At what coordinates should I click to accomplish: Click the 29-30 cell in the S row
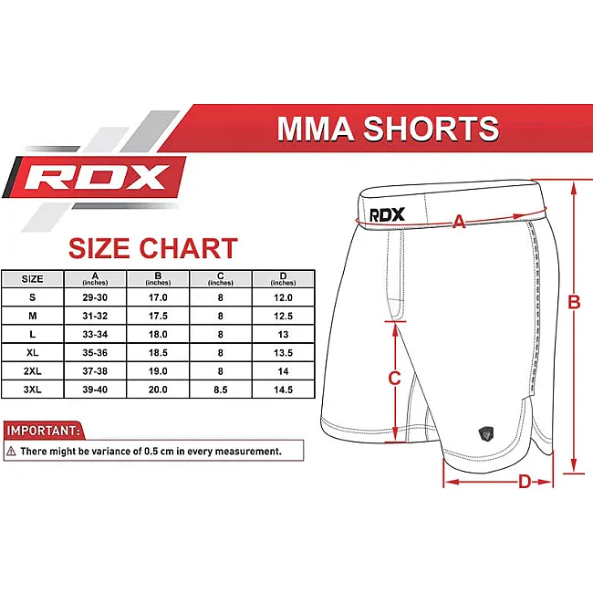95,297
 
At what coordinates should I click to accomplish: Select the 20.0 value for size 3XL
158,390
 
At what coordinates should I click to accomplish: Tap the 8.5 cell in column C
221,390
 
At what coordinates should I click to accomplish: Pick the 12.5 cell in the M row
283,316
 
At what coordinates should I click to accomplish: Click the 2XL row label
33,371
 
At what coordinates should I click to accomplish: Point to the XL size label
33,352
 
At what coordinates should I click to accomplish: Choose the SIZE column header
33,279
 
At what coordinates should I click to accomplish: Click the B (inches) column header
158,279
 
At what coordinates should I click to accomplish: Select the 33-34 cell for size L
95,334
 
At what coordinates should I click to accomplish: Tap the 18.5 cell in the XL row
158,352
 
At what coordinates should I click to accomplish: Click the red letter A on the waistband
459,222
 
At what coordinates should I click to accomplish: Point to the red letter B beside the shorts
574,302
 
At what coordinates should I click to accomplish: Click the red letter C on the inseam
394,379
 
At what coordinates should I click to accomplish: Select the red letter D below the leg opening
525,482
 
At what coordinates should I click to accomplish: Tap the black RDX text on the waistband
387,214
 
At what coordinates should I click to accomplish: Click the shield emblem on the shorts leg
486,433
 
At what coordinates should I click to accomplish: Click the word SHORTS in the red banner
431,129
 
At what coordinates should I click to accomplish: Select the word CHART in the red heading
188,248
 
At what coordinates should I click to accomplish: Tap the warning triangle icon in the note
11,451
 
